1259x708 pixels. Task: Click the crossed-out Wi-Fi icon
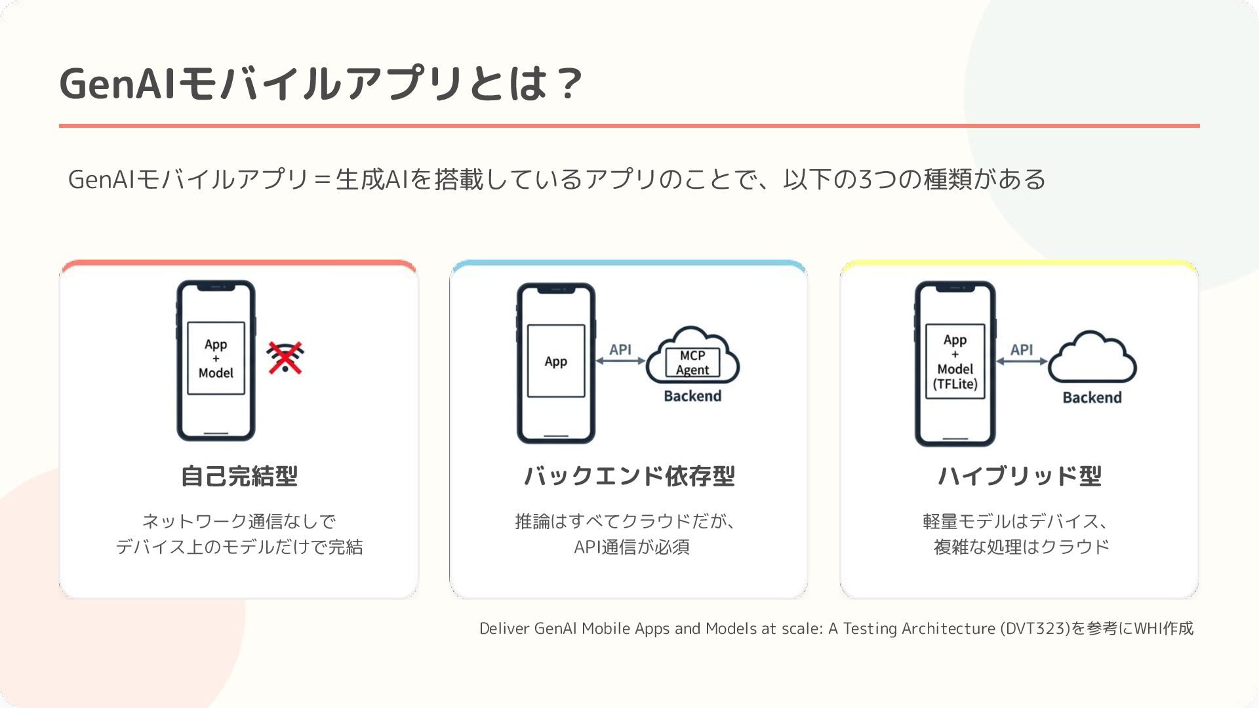click(x=285, y=358)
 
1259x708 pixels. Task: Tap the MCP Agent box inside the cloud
click(x=692, y=363)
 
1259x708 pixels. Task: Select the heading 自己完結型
click(x=239, y=476)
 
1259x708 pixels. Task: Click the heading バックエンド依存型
click(x=629, y=476)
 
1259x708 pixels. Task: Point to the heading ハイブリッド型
click(x=1020, y=476)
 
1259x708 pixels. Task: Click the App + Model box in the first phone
click(x=216, y=358)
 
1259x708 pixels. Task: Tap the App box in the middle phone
click(x=556, y=361)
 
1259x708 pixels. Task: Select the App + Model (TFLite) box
click(x=955, y=361)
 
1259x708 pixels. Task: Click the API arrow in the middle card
click(x=620, y=360)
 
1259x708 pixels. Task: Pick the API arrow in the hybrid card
click(x=1022, y=361)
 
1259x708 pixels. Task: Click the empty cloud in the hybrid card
click(x=1092, y=359)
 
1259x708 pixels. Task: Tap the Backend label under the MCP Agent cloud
click(x=692, y=396)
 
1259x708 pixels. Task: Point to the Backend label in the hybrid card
click(x=1092, y=397)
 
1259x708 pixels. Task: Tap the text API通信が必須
click(x=631, y=547)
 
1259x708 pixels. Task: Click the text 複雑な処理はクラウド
click(x=1021, y=547)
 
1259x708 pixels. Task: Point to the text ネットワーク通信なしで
click(x=239, y=521)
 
